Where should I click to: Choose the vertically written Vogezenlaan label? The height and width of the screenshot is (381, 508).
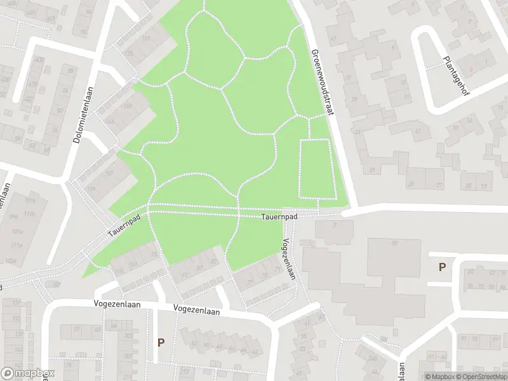[289, 258]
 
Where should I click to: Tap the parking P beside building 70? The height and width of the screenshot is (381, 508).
[442, 267]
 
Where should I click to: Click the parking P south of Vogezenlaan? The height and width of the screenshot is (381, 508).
[161, 342]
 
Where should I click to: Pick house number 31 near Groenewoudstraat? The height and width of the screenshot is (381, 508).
[373, 168]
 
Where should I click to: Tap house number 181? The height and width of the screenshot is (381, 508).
[147, 38]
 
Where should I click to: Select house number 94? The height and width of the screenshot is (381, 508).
[88, 12]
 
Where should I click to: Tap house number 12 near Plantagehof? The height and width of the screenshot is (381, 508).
[417, 131]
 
